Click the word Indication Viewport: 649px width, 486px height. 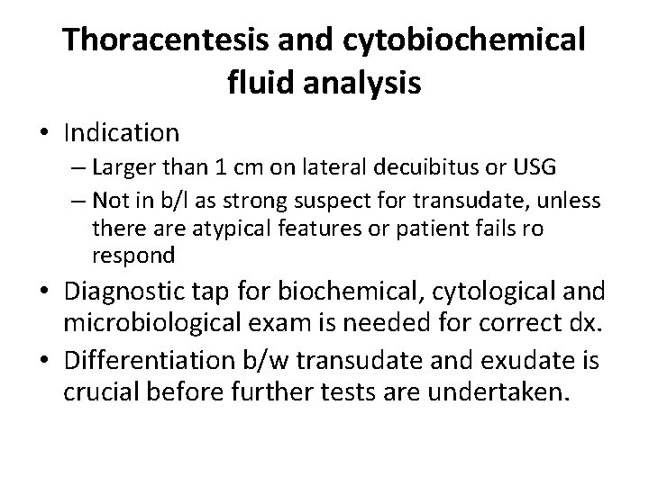122,133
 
